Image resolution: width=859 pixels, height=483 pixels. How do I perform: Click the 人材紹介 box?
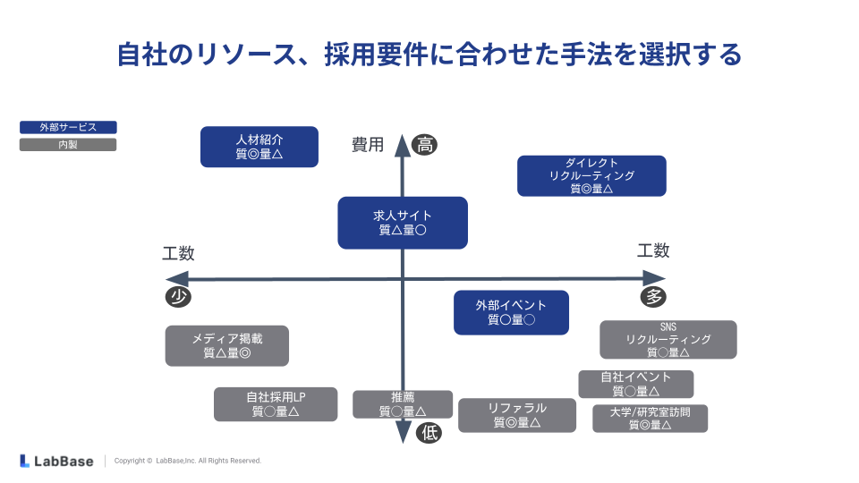(x=259, y=147)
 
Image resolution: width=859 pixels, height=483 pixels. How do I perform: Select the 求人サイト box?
(x=403, y=223)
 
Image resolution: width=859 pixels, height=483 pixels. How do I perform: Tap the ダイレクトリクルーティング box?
(x=591, y=175)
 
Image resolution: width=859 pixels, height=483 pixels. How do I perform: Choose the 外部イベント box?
(x=511, y=312)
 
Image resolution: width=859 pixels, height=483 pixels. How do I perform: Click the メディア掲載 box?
(x=227, y=345)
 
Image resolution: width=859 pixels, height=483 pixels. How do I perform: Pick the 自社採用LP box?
(x=276, y=404)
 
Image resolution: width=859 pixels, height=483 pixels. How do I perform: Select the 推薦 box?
(x=402, y=404)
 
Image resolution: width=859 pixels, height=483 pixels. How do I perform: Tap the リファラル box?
(x=517, y=415)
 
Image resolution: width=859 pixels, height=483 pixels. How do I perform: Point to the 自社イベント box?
(x=635, y=384)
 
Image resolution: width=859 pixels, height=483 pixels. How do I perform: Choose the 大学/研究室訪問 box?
(x=650, y=419)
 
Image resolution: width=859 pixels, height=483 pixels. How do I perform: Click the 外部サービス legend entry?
(x=68, y=128)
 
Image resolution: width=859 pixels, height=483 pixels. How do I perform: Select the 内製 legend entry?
(x=68, y=144)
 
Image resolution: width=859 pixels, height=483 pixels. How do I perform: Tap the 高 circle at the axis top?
(x=425, y=144)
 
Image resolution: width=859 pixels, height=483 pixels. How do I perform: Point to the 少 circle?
(x=177, y=297)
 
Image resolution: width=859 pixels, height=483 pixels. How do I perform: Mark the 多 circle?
(x=653, y=297)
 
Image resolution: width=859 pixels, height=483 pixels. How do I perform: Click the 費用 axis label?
(x=367, y=144)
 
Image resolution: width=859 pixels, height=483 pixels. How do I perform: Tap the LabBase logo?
(x=56, y=461)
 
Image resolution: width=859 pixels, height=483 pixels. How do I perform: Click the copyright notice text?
(x=188, y=461)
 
